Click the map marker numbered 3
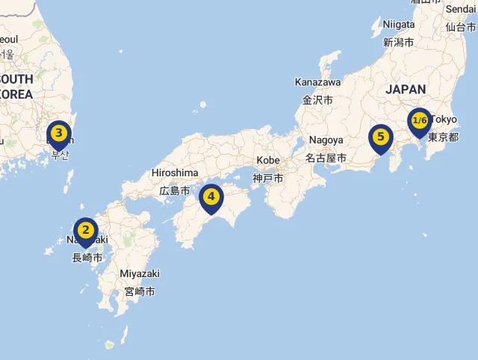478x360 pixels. pyautogui.click(x=59, y=133)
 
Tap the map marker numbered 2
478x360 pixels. pyautogui.click(x=86, y=230)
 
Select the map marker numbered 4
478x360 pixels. pyautogui.click(x=212, y=197)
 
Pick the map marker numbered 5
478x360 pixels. pyautogui.click(x=381, y=137)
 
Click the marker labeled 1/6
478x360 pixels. pyautogui.click(x=419, y=121)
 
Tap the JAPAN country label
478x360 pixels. pyautogui.click(x=406, y=90)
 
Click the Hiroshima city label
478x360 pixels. pyautogui.click(x=175, y=173)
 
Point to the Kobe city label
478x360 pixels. pyautogui.click(x=267, y=161)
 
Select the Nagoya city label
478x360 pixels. pyautogui.click(x=326, y=140)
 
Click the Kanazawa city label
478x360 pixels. pyautogui.click(x=317, y=81)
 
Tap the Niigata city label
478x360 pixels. pyautogui.click(x=398, y=24)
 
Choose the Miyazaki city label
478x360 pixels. pyautogui.click(x=140, y=273)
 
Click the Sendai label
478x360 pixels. pyautogui.click(x=461, y=9)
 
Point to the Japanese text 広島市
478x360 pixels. pyautogui.click(x=176, y=190)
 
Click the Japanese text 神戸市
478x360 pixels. pyautogui.click(x=267, y=179)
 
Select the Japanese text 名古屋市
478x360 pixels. pyautogui.click(x=326, y=158)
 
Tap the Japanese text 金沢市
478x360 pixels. pyautogui.click(x=317, y=99)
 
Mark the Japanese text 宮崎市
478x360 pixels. pyautogui.click(x=140, y=291)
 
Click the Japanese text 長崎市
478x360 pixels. pyautogui.click(x=87, y=258)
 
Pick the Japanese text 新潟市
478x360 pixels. pyautogui.click(x=398, y=42)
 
